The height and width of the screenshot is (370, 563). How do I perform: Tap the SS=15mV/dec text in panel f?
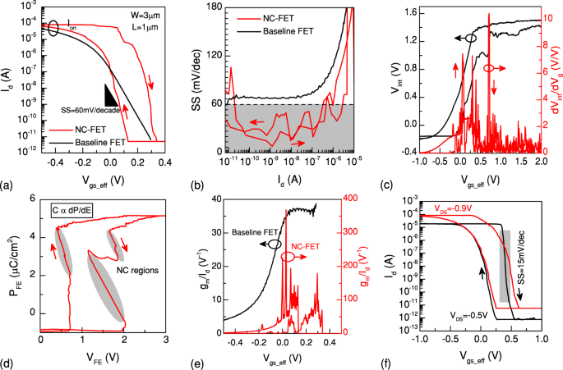[x=520, y=272]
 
